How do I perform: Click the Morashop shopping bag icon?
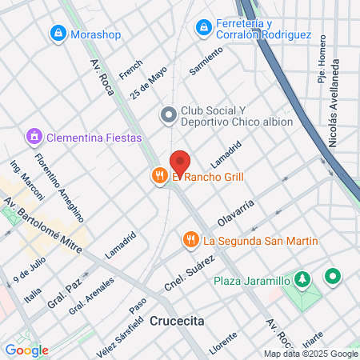(58, 34)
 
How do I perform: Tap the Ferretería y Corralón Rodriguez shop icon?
(204, 29)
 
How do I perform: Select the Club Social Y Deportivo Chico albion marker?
(168, 116)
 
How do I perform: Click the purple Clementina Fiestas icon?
(34, 138)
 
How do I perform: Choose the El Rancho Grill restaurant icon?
(160, 177)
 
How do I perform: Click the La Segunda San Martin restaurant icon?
(190, 240)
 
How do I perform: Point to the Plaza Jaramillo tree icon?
(302, 280)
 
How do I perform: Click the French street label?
(130, 69)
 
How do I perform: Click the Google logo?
(26, 350)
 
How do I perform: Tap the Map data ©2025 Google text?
(310, 354)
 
